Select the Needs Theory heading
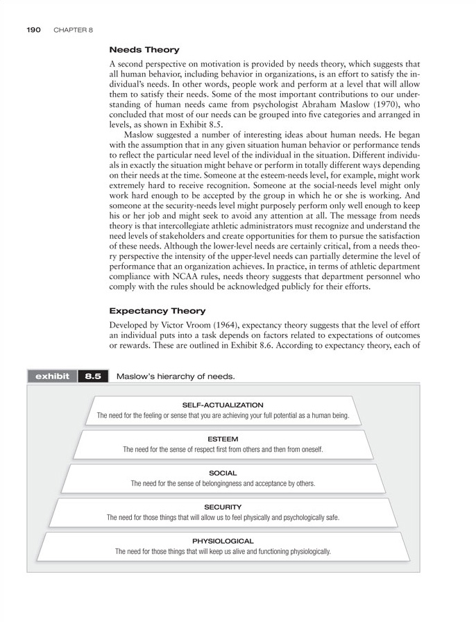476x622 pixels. point(144,50)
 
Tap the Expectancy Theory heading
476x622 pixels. point(158,310)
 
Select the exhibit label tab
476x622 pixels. point(51,376)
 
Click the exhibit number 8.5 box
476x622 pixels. point(93,376)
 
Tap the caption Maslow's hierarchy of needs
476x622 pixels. point(176,376)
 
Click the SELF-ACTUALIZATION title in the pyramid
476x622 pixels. point(223,405)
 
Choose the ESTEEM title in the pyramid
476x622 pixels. point(223,439)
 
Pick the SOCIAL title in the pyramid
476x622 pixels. point(223,473)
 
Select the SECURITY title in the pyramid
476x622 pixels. point(223,507)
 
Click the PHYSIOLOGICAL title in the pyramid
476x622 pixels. point(223,541)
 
